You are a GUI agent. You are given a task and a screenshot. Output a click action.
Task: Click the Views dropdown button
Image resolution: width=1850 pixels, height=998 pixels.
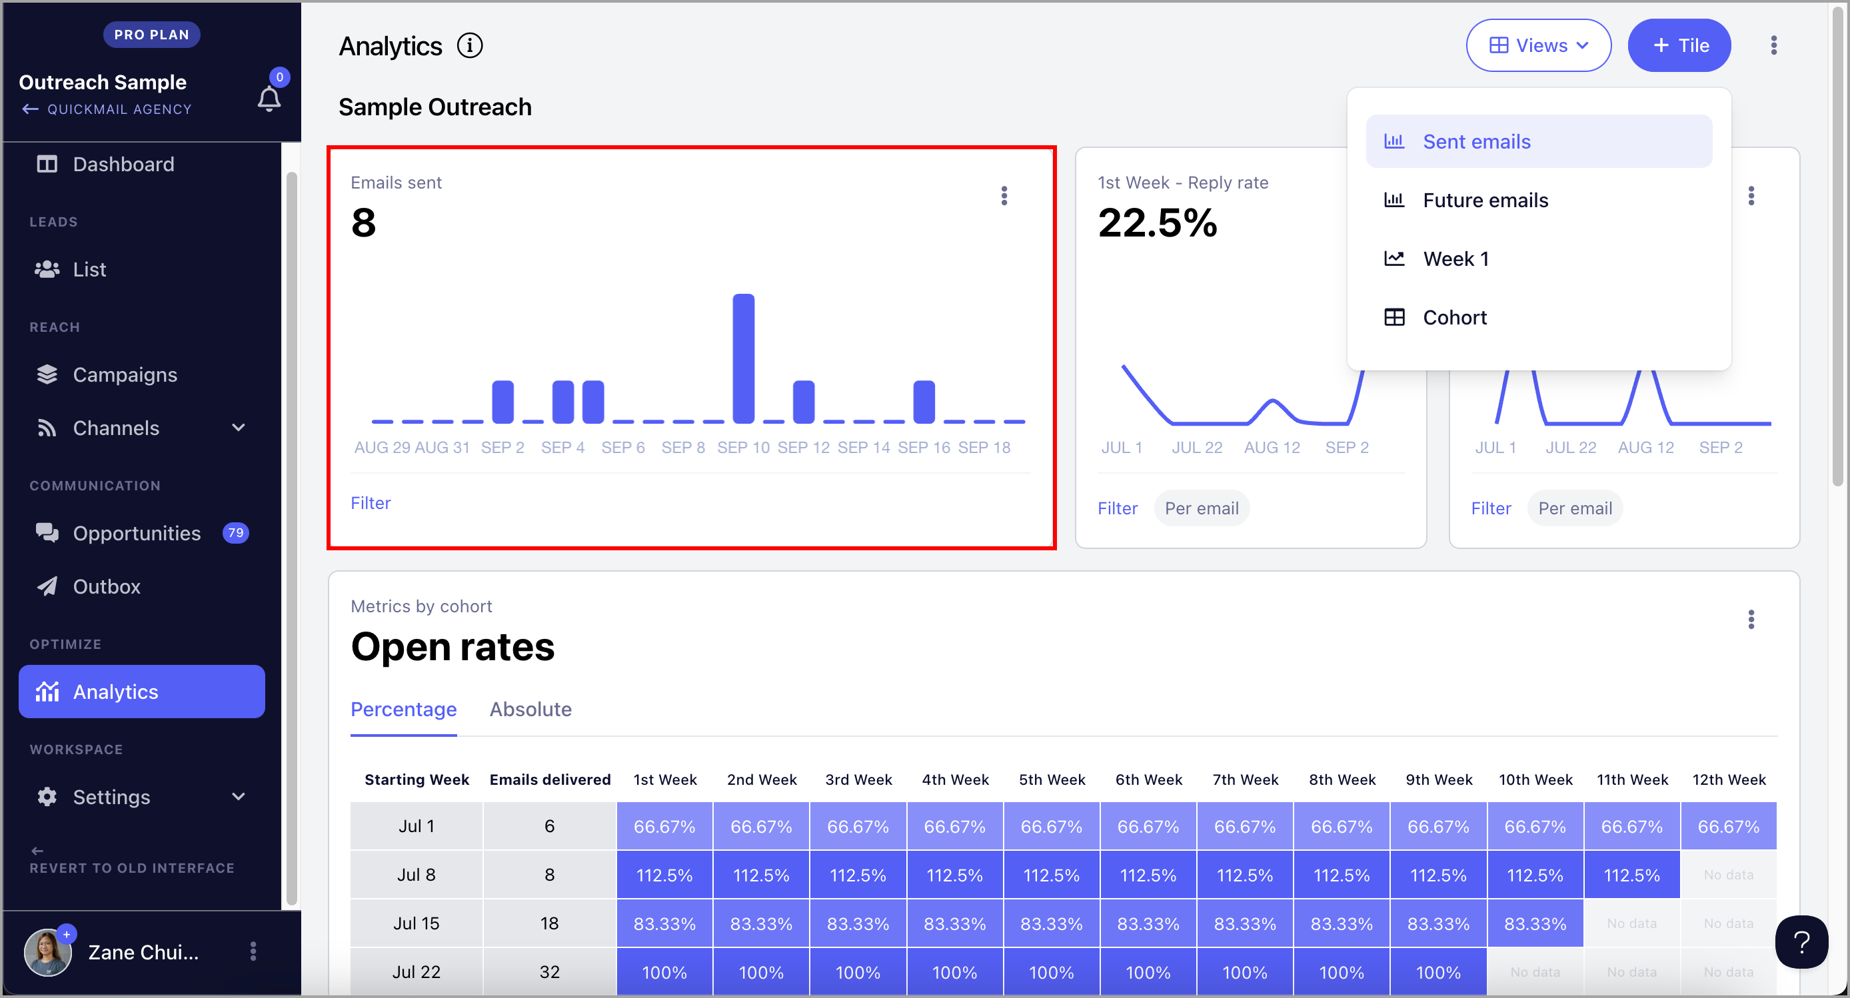[x=1538, y=45]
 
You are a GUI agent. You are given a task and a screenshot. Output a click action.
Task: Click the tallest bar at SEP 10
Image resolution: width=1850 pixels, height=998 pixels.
[x=743, y=358]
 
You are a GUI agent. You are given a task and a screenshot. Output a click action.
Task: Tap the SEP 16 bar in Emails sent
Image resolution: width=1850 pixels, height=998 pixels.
[x=924, y=402]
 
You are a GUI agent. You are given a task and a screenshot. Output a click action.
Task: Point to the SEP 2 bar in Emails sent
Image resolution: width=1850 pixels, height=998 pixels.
[x=502, y=402]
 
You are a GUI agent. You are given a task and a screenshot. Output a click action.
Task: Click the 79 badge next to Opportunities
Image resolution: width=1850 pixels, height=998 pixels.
[x=235, y=533]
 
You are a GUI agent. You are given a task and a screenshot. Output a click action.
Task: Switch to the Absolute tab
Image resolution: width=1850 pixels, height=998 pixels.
[x=530, y=710]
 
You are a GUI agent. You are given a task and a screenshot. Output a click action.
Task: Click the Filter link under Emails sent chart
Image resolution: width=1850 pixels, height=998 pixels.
[x=371, y=503]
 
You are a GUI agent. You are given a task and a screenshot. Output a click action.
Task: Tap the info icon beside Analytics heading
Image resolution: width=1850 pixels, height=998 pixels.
[x=470, y=46]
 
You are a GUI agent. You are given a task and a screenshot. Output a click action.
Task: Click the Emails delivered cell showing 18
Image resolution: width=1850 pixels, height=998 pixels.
[x=549, y=923]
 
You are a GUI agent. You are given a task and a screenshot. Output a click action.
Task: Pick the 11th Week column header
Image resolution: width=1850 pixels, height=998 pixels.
[x=1631, y=779]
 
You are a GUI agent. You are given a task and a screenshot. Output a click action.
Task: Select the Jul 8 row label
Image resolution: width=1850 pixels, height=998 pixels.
[x=417, y=875]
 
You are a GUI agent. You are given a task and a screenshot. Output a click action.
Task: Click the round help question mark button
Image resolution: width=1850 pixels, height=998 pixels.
[x=1801, y=942]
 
